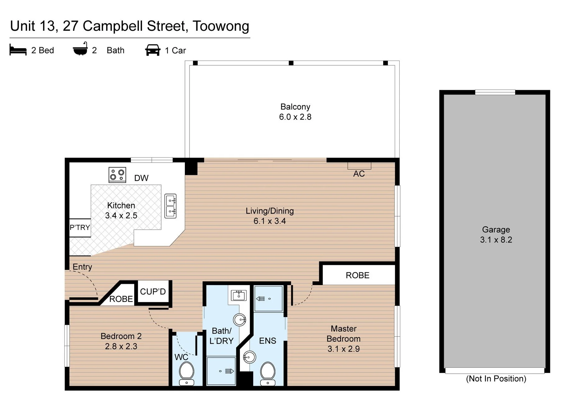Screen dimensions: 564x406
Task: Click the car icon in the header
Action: pyautogui.click(x=153, y=50)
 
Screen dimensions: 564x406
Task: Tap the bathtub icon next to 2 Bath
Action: pyautogui.click(x=80, y=49)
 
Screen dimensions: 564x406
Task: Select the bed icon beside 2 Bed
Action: pyautogui.click(x=18, y=50)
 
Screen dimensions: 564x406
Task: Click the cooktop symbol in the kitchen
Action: pyautogui.click(x=117, y=175)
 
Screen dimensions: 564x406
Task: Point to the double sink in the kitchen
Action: pyautogui.click(x=170, y=206)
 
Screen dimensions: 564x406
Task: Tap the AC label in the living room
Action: pyautogui.click(x=359, y=174)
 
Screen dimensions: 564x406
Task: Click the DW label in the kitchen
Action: pyautogui.click(x=141, y=178)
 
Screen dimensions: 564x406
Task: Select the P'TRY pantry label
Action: pyautogui.click(x=80, y=228)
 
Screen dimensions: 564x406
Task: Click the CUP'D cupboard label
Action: pyautogui.click(x=153, y=292)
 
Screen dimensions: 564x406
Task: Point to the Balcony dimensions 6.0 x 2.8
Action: pyautogui.click(x=295, y=117)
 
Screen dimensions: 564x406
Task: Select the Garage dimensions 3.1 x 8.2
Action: pyautogui.click(x=496, y=240)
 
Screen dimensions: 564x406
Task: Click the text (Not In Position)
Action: pyautogui.click(x=496, y=379)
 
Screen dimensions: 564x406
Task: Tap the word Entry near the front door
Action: pyautogui.click(x=82, y=267)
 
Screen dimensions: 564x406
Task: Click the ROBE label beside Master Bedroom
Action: pyautogui.click(x=358, y=275)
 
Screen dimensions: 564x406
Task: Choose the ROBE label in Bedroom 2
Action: pyautogui.click(x=121, y=299)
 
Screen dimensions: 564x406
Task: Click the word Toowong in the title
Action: pyautogui.click(x=221, y=26)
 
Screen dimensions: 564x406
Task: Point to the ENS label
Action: pyautogui.click(x=268, y=341)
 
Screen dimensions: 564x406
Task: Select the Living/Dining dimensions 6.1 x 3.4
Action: pyautogui.click(x=270, y=221)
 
